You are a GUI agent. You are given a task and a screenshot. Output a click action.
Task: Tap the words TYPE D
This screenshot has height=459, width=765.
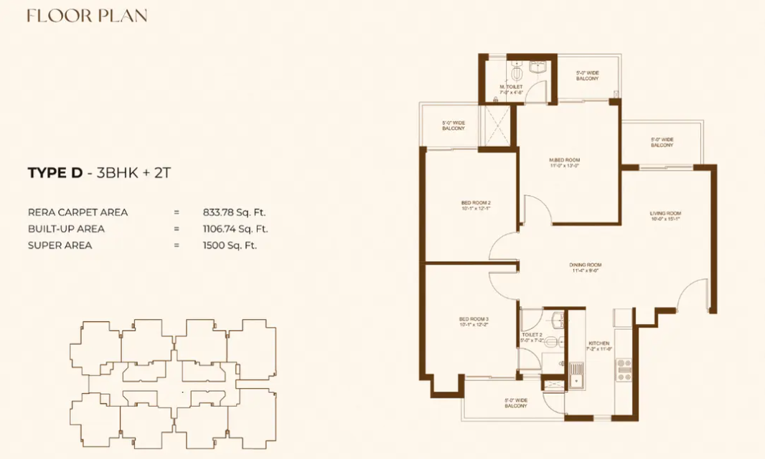point(55,172)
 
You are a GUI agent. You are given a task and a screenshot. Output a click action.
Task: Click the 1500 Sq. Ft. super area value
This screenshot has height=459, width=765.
point(230,245)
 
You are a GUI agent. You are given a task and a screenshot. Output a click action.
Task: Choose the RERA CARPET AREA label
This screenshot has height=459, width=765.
point(78,212)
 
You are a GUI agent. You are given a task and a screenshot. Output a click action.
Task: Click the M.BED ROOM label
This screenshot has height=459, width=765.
point(564,160)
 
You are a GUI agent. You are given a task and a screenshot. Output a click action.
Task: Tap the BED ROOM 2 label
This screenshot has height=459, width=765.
point(476,203)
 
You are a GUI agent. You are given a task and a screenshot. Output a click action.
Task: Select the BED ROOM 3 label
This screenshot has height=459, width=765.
point(474,319)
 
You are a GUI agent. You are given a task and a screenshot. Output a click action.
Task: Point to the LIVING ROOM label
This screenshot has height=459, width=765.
point(665,214)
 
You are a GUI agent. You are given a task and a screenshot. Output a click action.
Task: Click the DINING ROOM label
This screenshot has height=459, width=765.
point(586,265)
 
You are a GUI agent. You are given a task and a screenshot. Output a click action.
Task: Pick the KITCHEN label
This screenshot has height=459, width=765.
point(599,344)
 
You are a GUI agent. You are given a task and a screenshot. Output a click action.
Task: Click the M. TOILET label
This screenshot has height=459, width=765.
point(512,87)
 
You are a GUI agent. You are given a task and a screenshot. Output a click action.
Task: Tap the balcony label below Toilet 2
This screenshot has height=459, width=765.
point(515,403)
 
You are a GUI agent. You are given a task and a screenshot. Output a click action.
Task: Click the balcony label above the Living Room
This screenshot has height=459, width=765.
point(662,142)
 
